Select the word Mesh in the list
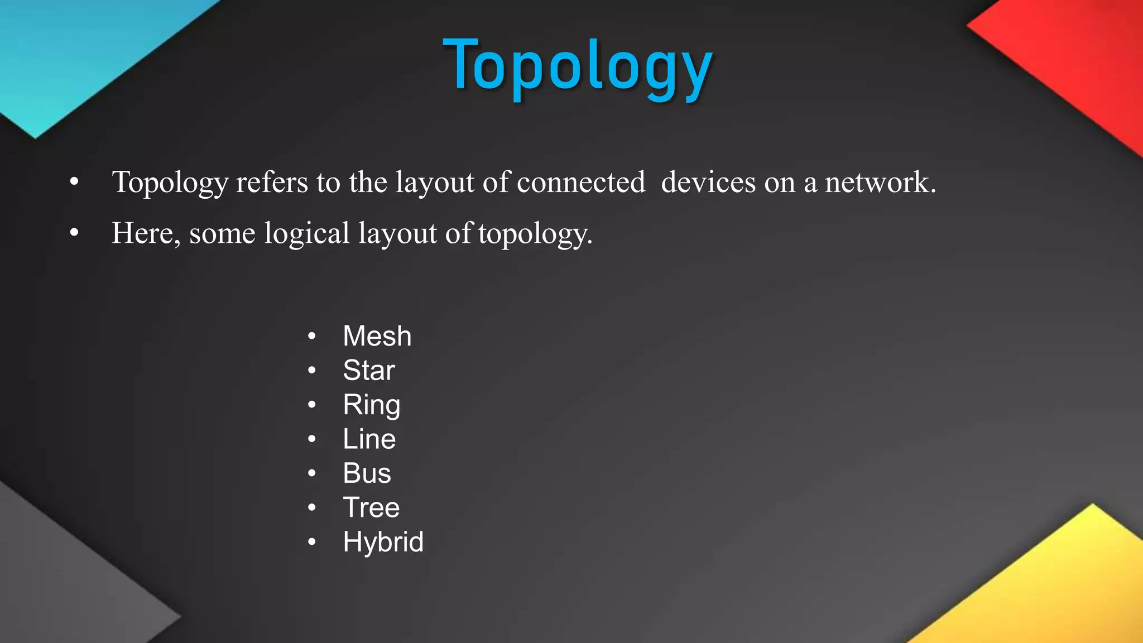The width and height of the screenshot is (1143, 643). point(377,336)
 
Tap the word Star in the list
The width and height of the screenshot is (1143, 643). point(369,370)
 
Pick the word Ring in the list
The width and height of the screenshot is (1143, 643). point(372,405)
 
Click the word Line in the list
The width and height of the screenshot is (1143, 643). point(369,439)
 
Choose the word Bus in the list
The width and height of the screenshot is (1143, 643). point(367,473)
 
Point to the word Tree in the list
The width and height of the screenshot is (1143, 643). point(371,507)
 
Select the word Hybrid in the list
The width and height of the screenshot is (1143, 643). point(383,542)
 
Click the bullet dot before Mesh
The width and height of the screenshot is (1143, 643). point(312,336)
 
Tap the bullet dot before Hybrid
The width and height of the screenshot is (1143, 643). point(312,541)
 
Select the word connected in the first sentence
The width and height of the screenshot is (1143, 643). point(581,182)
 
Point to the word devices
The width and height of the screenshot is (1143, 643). point(708,182)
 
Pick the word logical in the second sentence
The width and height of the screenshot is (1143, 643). point(307,233)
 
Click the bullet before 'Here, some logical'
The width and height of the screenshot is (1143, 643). point(74,233)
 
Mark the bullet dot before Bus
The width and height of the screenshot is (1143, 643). point(312,473)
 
